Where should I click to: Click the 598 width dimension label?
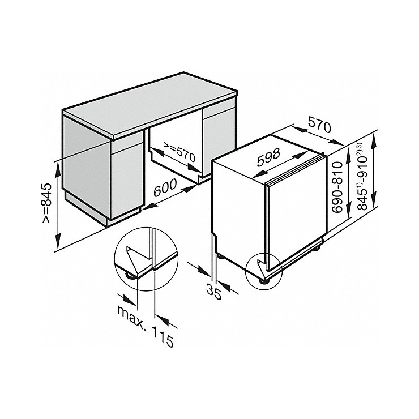click(268, 157)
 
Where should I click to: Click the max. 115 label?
click(146, 327)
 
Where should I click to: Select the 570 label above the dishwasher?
click(319, 124)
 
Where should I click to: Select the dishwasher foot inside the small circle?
click(265, 281)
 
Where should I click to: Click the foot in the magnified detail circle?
click(130, 276)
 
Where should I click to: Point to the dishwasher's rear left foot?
click(221, 256)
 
